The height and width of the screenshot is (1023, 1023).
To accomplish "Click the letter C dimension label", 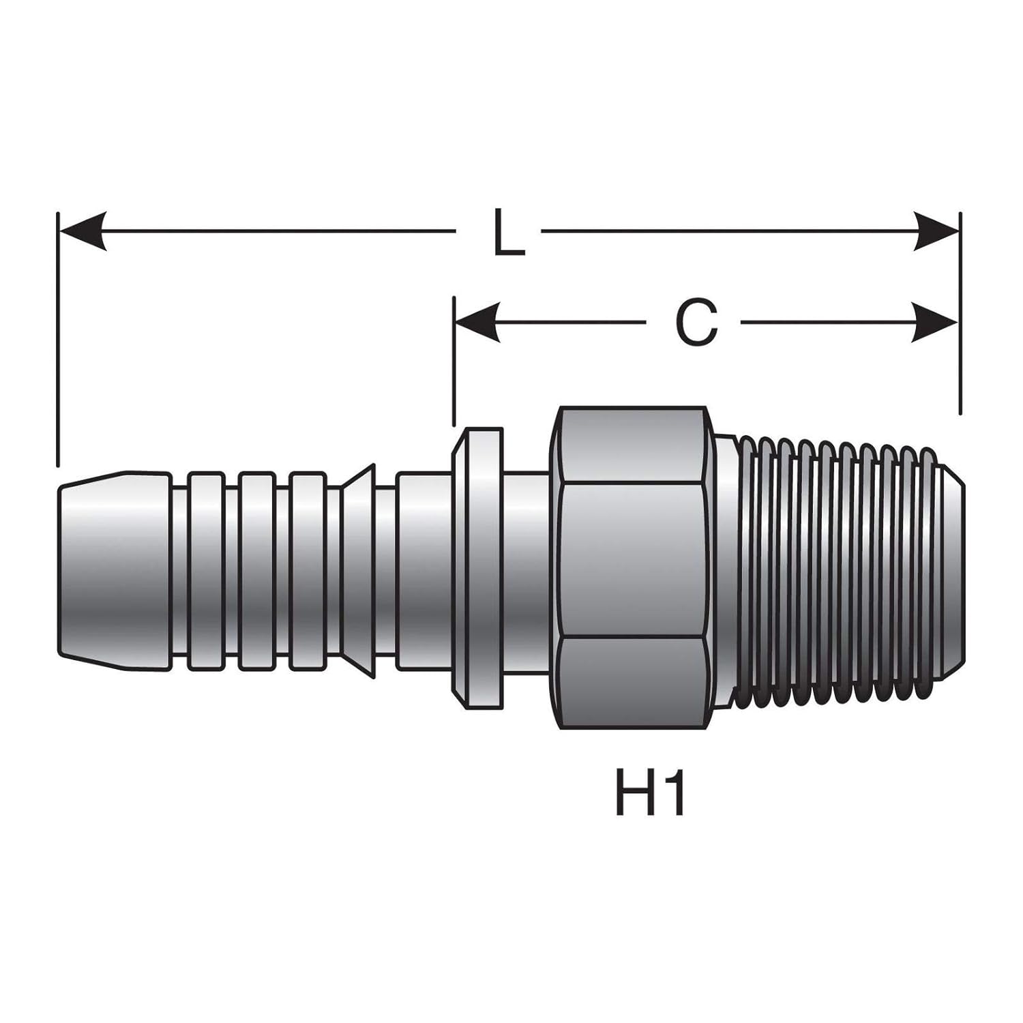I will coord(696,322).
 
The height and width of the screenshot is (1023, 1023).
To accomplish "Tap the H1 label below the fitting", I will coord(649,794).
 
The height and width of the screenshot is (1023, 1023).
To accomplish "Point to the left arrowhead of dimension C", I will coord(477,322).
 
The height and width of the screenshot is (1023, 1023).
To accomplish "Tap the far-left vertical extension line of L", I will coord(59,341).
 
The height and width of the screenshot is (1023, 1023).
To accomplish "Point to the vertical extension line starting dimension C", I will coord(454,361).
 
